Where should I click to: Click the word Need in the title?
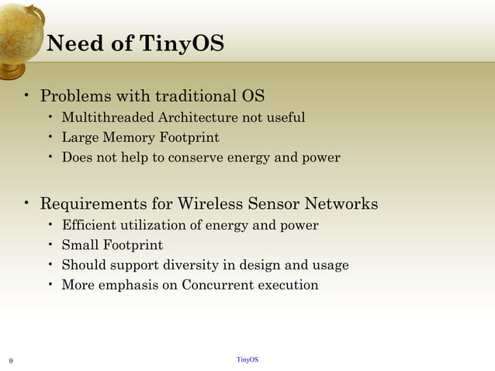pyautogui.click(x=74, y=43)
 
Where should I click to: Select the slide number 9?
pyautogui.click(x=10, y=361)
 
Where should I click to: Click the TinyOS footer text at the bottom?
pyautogui.click(x=247, y=360)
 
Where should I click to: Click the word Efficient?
pyautogui.click(x=88, y=226)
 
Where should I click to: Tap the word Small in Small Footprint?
pyautogui.click(x=79, y=246)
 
